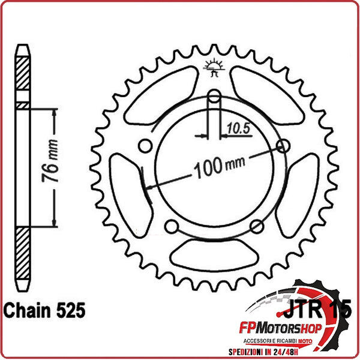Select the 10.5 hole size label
click(238, 127)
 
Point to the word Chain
click(24, 310)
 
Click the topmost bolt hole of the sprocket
click(215, 96)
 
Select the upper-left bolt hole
click(145, 146)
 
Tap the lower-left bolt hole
click(172, 226)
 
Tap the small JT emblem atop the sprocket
click(214, 68)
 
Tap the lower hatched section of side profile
click(22, 255)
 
